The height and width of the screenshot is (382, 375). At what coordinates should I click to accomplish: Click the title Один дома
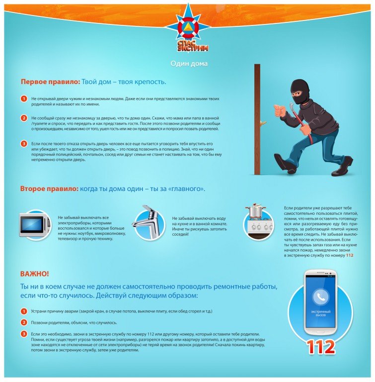189,64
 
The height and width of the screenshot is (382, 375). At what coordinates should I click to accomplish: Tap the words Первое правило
50,82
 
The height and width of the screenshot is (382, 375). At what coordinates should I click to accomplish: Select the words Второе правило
49,189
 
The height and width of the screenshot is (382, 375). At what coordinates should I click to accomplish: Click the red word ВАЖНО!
34,274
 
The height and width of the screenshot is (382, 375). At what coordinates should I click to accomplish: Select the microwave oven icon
35,225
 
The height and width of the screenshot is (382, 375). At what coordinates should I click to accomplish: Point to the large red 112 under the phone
320,347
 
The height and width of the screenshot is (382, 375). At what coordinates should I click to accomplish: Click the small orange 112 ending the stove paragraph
350,255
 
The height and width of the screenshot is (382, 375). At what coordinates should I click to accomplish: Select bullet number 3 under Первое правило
24,144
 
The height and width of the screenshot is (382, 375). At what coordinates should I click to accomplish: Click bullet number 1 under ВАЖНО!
24,311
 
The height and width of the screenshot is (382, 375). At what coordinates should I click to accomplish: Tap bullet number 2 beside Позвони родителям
24,322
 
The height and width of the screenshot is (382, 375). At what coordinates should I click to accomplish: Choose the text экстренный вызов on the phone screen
320,313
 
